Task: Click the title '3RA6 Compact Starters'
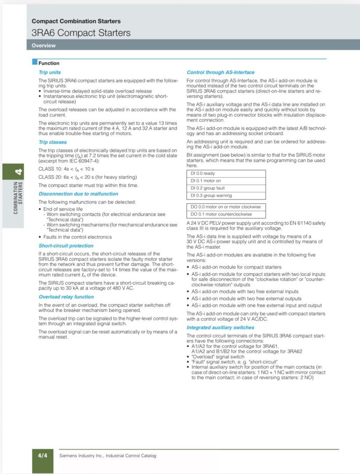tap(81, 32)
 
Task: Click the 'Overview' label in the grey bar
tap(43, 45)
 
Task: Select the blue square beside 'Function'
tap(35, 63)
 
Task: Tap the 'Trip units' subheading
tap(50, 72)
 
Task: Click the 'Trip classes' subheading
tap(53, 142)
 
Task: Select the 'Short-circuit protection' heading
tap(66, 246)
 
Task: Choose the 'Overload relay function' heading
tap(66, 297)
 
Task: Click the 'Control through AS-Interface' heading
tap(221, 72)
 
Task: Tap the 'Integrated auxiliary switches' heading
tap(220, 327)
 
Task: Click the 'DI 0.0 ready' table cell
tap(226, 173)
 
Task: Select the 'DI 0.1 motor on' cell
tap(226, 180)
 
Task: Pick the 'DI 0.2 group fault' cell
tap(226, 188)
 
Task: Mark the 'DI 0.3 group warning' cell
tap(226, 195)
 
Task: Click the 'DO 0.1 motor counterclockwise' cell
tap(226, 214)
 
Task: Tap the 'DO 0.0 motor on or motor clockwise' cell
tap(226, 207)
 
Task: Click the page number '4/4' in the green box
tap(43, 456)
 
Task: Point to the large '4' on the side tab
tap(19, 172)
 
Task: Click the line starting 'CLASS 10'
tap(66, 169)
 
